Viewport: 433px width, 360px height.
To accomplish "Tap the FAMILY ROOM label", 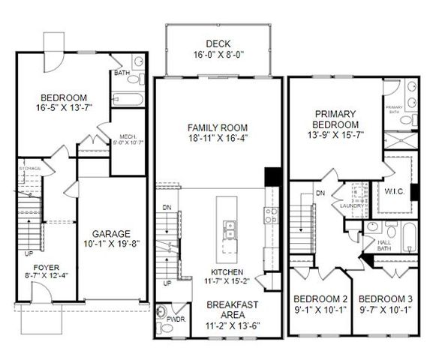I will (x=218, y=127).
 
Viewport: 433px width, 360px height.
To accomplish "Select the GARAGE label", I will (x=112, y=233).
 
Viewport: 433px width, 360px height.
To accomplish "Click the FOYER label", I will (x=47, y=266).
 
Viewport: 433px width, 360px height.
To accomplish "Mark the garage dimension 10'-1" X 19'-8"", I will (x=112, y=244).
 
